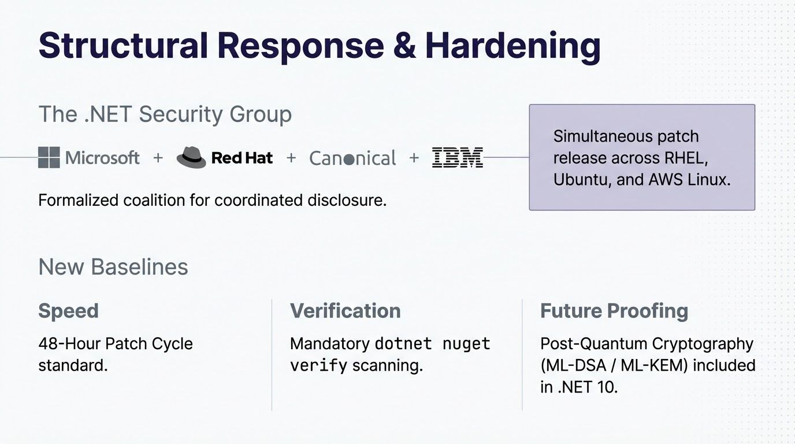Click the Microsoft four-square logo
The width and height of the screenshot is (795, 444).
click(49, 157)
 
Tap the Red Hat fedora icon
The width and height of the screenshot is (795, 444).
click(191, 157)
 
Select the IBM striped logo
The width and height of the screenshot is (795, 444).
click(457, 157)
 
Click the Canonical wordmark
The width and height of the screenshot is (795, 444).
click(353, 158)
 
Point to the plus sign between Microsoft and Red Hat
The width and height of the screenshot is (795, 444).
click(158, 157)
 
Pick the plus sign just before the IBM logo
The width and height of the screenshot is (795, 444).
click(414, 157)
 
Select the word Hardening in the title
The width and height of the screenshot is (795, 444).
click(512, 46)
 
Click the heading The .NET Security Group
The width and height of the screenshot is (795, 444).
click(165, 114)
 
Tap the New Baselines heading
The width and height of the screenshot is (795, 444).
click(113, 267)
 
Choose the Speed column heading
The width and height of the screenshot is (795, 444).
click(68, 311)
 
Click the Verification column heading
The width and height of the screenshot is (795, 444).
click(345, 311)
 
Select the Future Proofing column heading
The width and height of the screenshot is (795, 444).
click(614, 311)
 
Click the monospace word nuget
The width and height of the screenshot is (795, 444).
click(466, 343)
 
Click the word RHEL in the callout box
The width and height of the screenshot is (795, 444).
click(686, 158)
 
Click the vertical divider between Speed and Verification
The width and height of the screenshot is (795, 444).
click(272, 354)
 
